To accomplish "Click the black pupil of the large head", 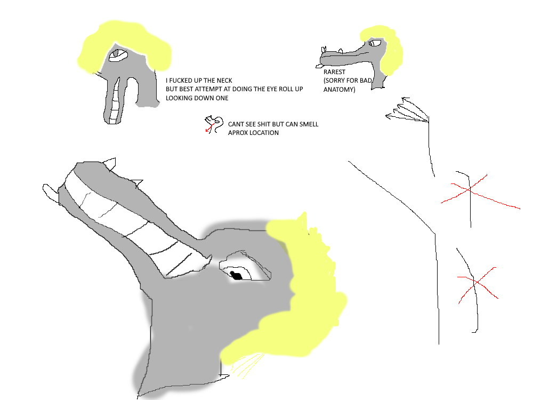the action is (x=236, y=275).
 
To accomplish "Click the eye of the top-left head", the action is (x=118, y=55).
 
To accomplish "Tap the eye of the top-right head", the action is (x=375, y=43).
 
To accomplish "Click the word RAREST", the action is (x=334, y=72).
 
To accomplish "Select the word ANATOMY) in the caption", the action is (x=339, y=90).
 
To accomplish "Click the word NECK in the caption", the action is (x=224, y=81).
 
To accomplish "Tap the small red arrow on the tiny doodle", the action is (x=209, y=128).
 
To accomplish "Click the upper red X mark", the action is (x=470, y=189).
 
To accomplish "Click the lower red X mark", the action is (x=477, y=282).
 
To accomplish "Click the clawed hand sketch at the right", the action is (x=408, y=110).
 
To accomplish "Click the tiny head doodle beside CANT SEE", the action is (x=214, y=124).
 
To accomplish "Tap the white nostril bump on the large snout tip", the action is (x=51, y=193).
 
